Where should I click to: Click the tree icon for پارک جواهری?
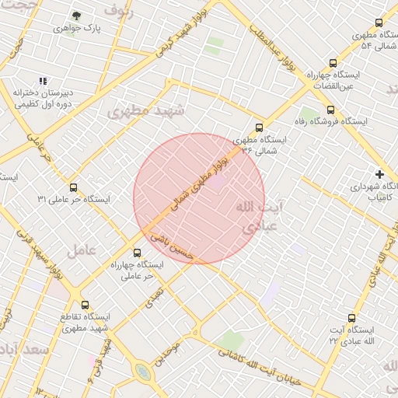pyautogui.click(x=76, y=15)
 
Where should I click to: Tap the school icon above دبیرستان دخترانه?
pyautogui.click(x=44, y=81)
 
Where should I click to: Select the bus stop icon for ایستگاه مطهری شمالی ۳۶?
pyautogui.click(x=259, y=127)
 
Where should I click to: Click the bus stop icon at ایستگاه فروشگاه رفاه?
pyautogui.click(x=331, y=109)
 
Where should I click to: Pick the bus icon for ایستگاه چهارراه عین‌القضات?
pyautogui.click(x=333, y=64)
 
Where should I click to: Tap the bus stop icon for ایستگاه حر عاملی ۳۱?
pyautogui.click(x=74, y=187)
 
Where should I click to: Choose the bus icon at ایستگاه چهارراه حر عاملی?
pyautogui.click(x=138, y=253)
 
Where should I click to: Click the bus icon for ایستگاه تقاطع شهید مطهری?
pyautogui.click(x=85, y=305)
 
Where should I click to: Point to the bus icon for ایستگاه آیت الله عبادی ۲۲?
pyautogui.click(x=351, y=318)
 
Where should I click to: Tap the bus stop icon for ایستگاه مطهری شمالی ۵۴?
pyautogui.click(x=379, y=23)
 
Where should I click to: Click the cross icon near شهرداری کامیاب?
pyautogui.click(x=379, y=174)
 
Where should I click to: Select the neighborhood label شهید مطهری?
pyautogui.click(x=147, y=111)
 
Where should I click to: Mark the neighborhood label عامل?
pyautogui.click(x=80, y=250)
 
